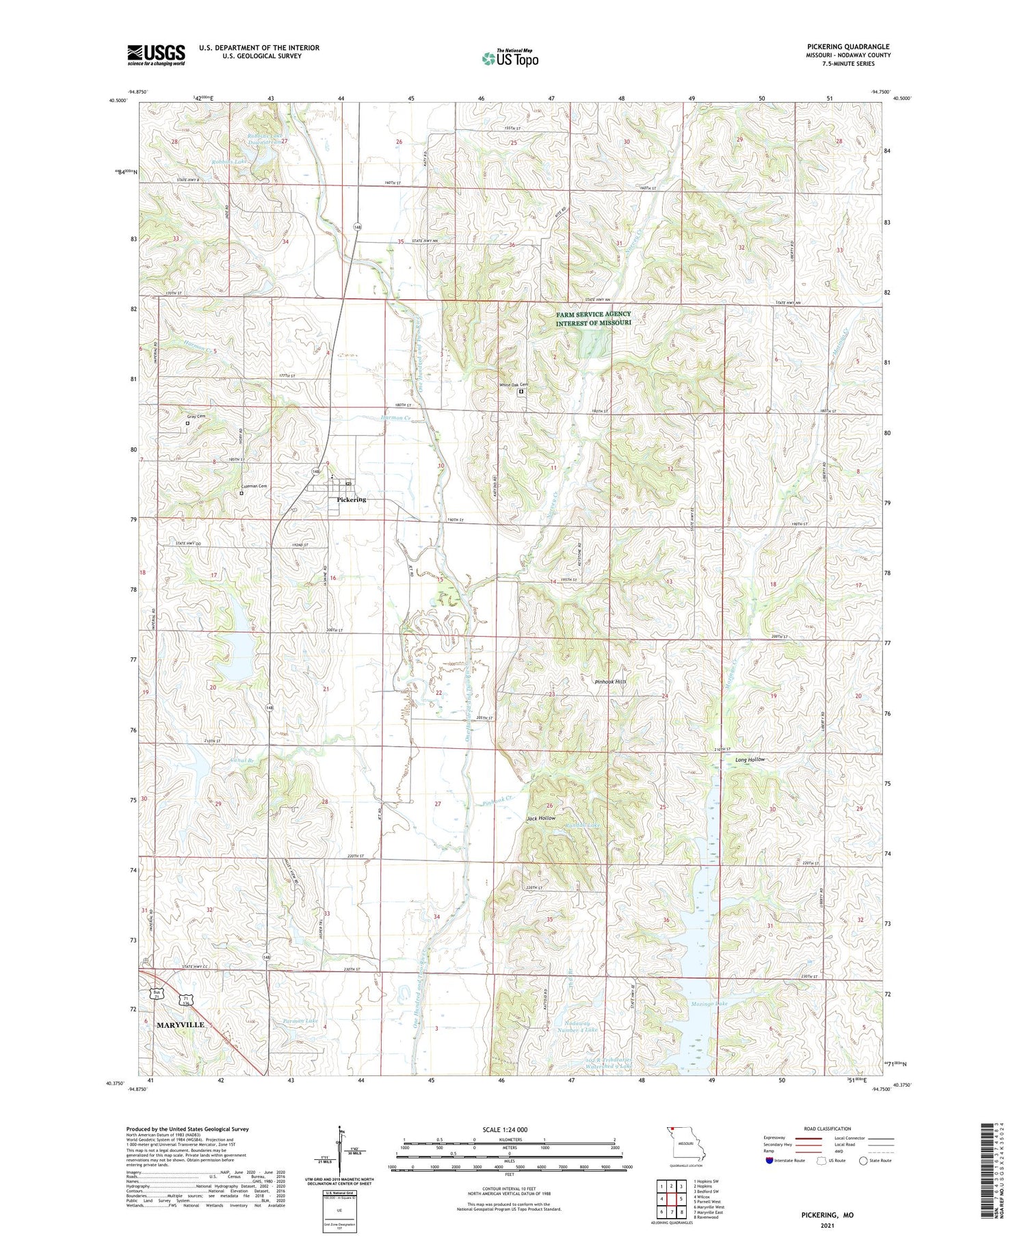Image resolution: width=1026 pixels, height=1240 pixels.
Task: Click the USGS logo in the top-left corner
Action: [156, 55]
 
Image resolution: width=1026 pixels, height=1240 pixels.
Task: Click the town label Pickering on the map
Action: [351, 499]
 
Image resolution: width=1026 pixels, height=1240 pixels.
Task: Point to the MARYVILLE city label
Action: [180, 1025]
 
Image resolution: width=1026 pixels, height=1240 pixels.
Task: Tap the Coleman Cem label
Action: [252, 486]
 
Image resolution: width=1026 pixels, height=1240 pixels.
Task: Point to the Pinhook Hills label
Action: [610, 682]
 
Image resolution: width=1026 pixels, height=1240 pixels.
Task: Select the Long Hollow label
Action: [750, 760]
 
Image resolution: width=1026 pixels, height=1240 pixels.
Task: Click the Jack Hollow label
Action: [540, 818]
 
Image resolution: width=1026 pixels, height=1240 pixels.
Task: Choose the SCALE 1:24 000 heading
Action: [509, 1129]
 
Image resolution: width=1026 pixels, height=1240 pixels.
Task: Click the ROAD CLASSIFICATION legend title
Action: [828, 1129]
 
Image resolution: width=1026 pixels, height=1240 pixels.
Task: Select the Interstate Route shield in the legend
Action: [770, 1161]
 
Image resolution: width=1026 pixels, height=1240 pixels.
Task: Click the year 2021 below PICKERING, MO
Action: [828, 1226]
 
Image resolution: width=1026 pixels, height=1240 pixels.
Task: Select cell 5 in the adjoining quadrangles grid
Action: [681, 1199]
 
